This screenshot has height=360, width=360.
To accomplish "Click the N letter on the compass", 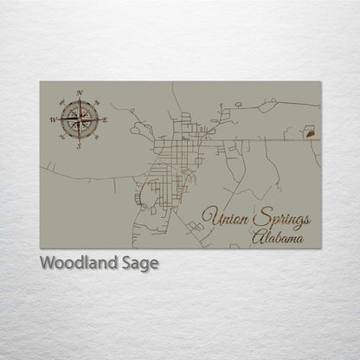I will [x=80, y=92].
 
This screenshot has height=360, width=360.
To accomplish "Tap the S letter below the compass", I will [x=79, y=145].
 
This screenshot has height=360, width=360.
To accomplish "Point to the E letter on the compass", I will [x=106, y=119].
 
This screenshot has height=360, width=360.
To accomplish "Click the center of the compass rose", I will [x=79, y=119].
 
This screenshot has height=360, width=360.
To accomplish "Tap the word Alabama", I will [x=279, y=235].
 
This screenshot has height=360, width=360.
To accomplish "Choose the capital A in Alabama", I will [x=259, y=235].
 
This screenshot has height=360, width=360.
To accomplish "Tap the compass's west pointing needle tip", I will [x=58, y=119].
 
